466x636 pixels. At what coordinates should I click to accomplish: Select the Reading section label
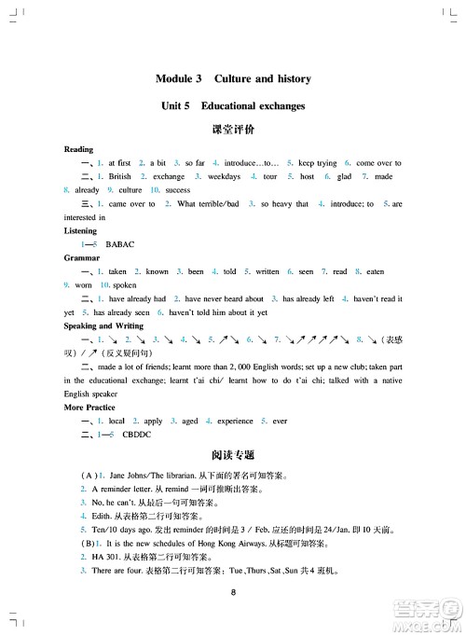[78, 149]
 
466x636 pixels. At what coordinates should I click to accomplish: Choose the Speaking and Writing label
[103, 326]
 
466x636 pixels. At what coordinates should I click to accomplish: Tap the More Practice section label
[89, 408]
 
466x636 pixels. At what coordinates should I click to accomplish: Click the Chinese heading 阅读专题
[234, 454]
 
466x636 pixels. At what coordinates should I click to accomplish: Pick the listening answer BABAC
[121, 244]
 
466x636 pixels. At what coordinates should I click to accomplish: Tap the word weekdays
[224, 176]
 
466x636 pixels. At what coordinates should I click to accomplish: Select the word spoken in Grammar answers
[124, 285]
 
